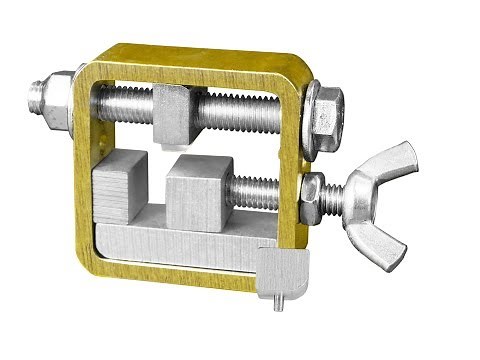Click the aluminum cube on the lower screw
tap(200, 190)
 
